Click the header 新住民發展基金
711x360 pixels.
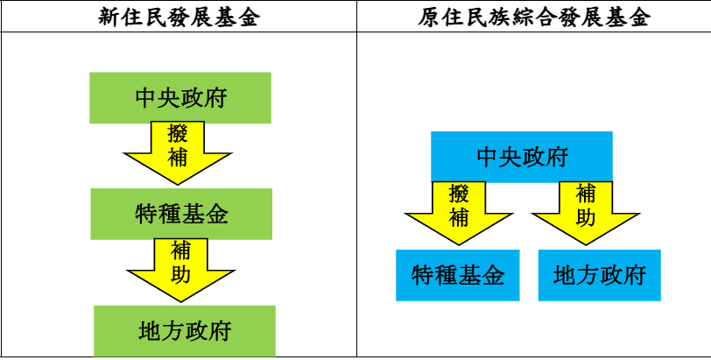[179, 18]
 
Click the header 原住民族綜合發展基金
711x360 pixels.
[533, 18]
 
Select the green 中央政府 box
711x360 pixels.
[180, 97]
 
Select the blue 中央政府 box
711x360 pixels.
[521, 157]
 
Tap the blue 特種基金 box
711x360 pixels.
[457, 276]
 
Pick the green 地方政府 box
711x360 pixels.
[184, 331]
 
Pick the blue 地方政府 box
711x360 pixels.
[599, 276]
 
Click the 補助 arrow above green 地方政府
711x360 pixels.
[180, 267]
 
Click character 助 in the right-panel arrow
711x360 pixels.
[586, 215]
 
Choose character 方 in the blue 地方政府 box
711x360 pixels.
[588, 276]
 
